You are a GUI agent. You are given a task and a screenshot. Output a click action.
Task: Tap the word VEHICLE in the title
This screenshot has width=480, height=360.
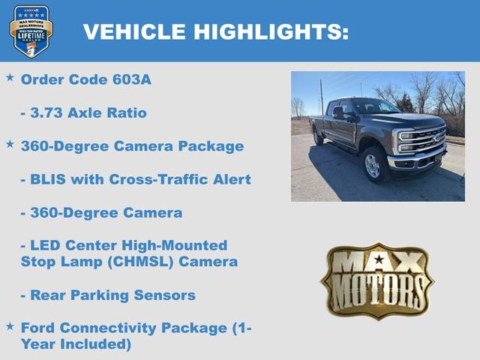tap(134, 31)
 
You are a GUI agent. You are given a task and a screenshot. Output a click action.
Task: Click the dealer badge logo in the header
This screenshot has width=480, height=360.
tap(31, 31)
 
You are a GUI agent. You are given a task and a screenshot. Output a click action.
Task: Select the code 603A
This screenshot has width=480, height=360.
tap(132, 79)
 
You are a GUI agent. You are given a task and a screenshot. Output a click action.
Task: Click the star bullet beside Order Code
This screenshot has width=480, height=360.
tap(10, 77)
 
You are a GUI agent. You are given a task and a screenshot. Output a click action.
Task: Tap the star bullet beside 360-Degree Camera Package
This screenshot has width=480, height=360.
tap(10, 143)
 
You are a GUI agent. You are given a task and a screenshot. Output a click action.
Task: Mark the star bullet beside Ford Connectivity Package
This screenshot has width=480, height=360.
tap(10, 325)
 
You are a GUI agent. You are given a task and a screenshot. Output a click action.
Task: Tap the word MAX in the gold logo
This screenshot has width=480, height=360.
tap(377, 262)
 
